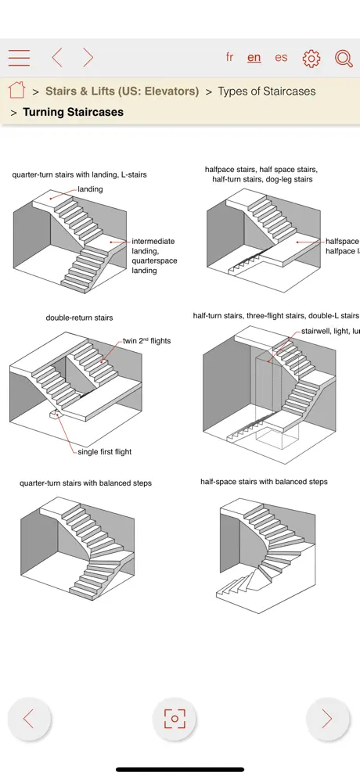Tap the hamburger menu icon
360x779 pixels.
19,58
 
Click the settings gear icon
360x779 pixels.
311,58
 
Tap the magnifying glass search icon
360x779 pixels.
344,58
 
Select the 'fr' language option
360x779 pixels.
229,57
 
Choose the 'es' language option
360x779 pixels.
281,57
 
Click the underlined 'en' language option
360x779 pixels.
254,57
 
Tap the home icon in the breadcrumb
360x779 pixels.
16,91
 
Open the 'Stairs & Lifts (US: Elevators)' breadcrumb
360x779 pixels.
122,92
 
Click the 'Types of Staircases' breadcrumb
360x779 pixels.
266,92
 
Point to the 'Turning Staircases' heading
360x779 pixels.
73,112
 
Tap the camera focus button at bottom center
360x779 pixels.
174,719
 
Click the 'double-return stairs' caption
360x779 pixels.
79,318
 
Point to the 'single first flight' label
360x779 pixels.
105,452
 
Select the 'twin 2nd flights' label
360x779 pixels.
146,341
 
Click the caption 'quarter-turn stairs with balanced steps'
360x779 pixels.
85,483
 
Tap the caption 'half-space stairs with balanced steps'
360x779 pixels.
264,482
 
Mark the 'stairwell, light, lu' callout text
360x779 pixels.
329,332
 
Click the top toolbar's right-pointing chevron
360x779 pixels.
88,58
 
